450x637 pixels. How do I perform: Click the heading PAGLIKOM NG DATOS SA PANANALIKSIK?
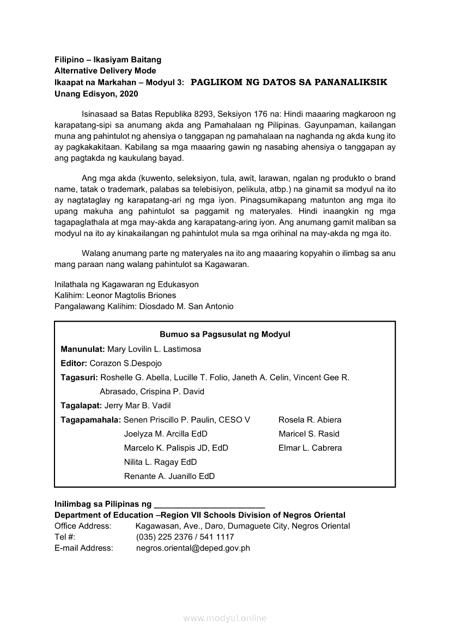[289, 82]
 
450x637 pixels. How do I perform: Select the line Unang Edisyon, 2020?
[96, 94]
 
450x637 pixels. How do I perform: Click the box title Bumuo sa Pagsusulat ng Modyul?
[225, 335]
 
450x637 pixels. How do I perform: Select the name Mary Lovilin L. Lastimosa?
[154, 349]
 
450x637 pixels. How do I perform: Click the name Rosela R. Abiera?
[310, 420]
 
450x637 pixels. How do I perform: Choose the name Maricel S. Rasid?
[309, 434]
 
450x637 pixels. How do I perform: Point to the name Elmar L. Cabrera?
[310, 448]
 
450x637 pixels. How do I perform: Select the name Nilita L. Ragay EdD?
[160, 462]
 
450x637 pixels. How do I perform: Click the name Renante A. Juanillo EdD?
[169, 476]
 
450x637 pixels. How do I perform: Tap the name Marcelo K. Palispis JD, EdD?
[176, 448]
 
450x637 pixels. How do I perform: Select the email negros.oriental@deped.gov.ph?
[193, 548]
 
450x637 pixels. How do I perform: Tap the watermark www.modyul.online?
[225, 618]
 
